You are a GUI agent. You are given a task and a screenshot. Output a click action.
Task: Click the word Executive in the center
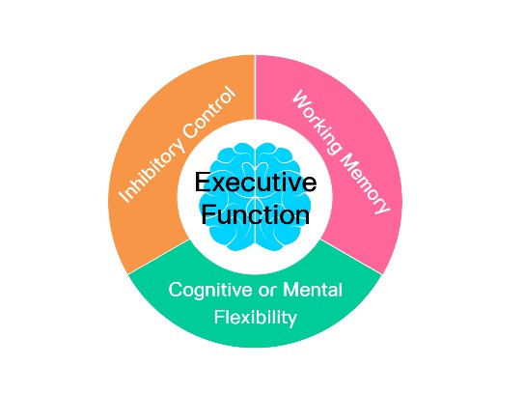[256, 183]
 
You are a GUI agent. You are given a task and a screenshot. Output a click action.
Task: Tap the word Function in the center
[255, 214]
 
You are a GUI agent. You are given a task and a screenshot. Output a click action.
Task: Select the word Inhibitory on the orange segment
[152, 170]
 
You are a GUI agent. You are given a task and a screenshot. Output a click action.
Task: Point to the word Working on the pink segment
[318, 123]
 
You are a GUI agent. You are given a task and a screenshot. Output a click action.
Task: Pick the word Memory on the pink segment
[366, 183]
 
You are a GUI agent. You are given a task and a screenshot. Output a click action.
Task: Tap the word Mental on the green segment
[313, 290]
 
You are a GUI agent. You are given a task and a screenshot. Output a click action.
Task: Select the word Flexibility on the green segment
[256, 318]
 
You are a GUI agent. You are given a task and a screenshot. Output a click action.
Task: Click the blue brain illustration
[256, 197]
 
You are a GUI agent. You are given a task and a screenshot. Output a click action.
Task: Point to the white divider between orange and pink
[256, 87]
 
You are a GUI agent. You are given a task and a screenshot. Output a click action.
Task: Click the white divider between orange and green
[158, 257]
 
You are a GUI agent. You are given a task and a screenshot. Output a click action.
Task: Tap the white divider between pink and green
[351, 257]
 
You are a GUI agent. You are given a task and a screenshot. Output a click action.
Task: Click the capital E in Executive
[204, 182]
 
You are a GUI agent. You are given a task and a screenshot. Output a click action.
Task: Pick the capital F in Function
[208, 214]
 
